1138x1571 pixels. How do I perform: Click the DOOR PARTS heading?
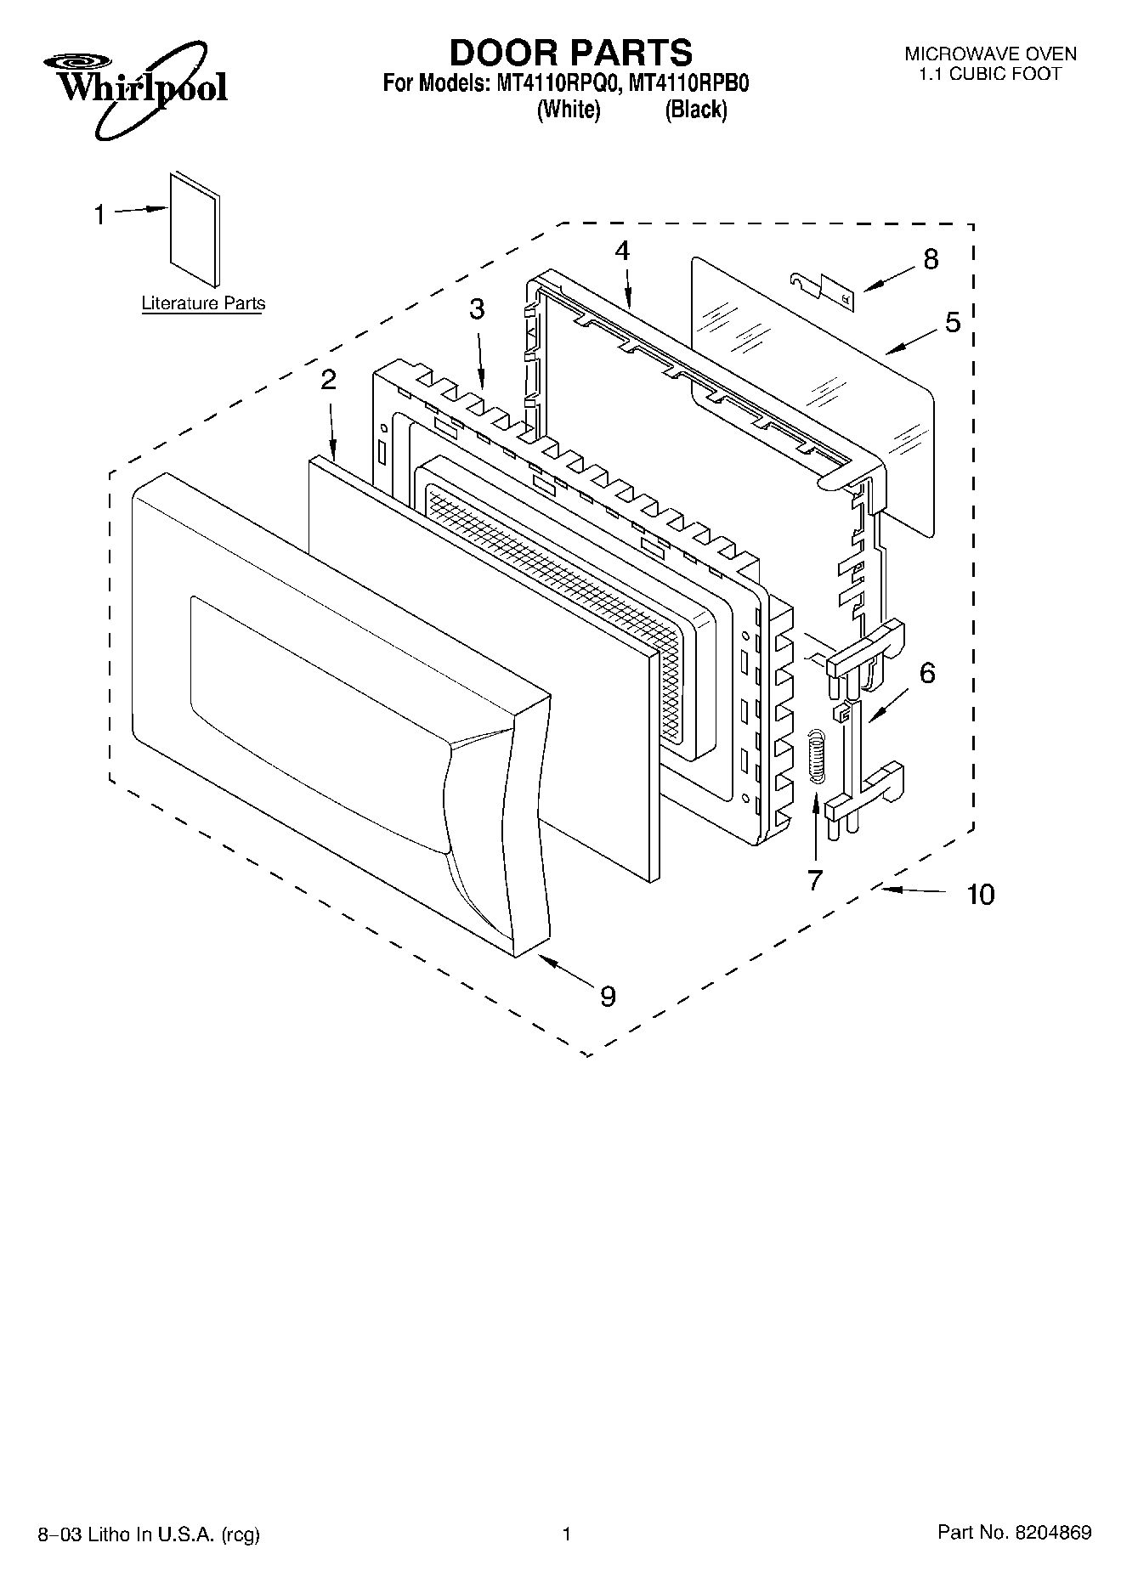pyautogui.click(x=570, y=53)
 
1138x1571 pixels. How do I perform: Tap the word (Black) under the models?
pyautogui.click(x=696, y=110)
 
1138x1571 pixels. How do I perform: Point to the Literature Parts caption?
pyautogui.click(x=203, y=303)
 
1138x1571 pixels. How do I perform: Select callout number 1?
pyautogui.click(x=99, y=215)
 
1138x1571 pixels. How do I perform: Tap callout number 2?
pyautogui.click(x=328, y=380)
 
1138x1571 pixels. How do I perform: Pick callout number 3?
pyautogui.click(x=477, y=309)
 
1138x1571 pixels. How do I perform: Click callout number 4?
pyautogui.click(x=623, y=250)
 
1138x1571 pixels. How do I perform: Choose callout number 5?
pyautogui.click(x=952, y=322)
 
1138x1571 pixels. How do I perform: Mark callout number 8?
pyautogui.click(x=931, y=259)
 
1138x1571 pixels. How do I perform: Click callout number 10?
pyautogui.click(x=981, y=894)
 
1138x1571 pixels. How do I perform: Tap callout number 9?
pyautogui.click(x=608, y=995)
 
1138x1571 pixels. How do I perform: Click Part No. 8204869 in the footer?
pyautogui.click(x=1015, y=1532)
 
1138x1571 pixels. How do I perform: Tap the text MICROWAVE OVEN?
pyautogui.click(x=990, y=54)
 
